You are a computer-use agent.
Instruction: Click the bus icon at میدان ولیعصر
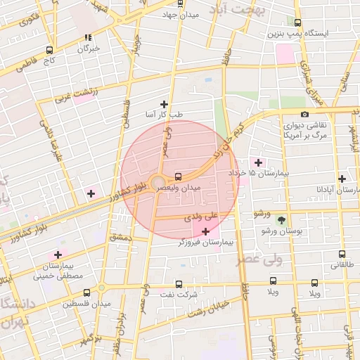tap(177, 176)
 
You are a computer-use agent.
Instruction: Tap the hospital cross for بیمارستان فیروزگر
tap(205, 231)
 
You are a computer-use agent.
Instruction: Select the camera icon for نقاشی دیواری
tap(304, 114)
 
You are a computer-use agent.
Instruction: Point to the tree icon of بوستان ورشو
tap(281, 220)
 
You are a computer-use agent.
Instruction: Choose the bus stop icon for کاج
tap(49, 50)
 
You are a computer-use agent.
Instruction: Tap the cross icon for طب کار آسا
tap(165, 103)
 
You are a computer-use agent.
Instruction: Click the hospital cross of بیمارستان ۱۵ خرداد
tap(259, 162)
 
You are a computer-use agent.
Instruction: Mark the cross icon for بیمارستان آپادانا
tap(342, 179)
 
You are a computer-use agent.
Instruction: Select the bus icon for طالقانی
tap(342, 254)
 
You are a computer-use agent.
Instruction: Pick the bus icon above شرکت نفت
tap(179, 284)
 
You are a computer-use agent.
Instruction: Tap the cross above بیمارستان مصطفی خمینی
tap(58, 255)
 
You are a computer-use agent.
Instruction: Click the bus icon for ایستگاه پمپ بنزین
tap(297, 22)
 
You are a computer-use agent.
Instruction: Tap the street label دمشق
tap(120, 238)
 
